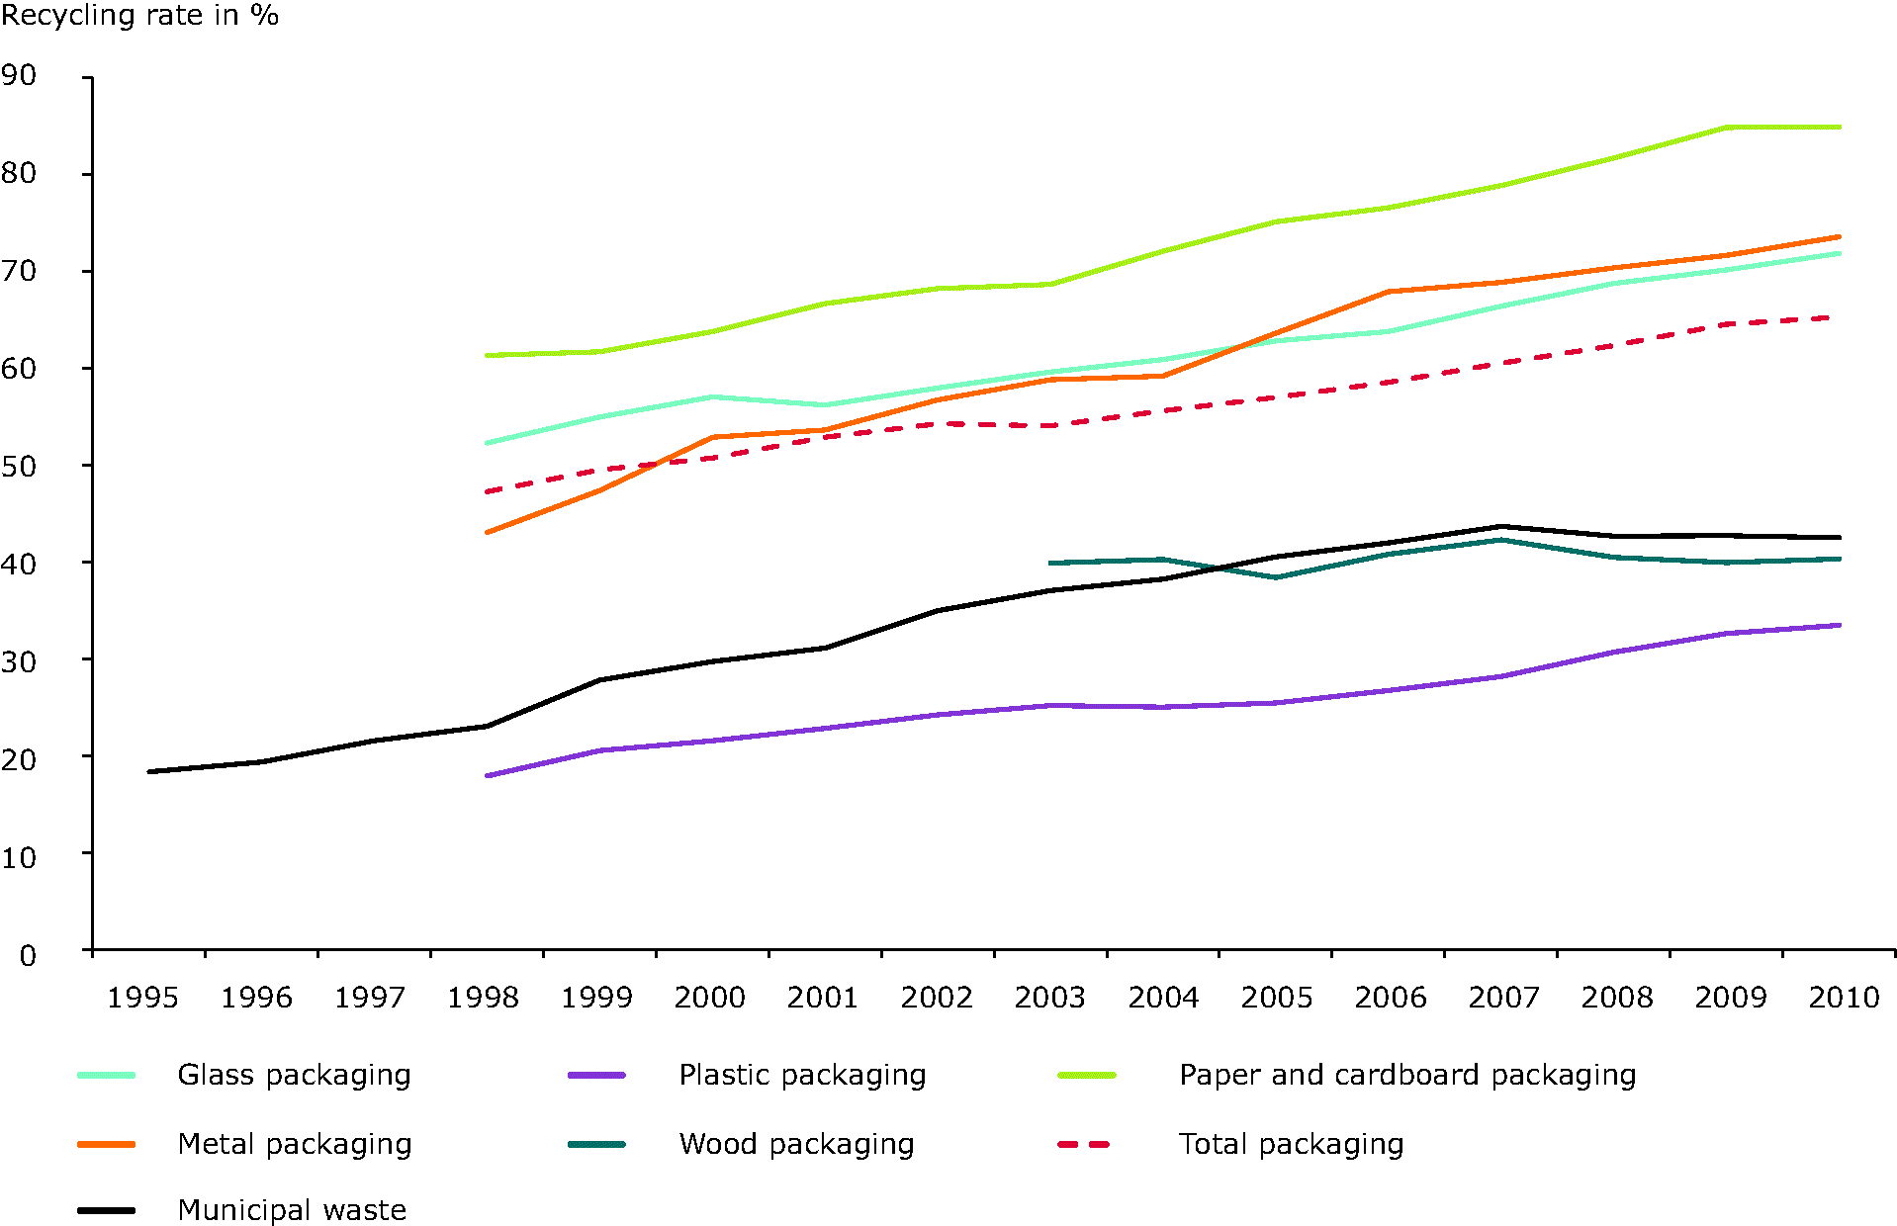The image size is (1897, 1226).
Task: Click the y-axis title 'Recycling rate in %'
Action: coord(139,16)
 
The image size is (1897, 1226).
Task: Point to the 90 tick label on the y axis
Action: coord(19,75)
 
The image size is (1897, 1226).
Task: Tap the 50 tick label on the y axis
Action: coord(19,466)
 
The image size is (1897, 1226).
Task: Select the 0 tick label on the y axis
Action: coord(28,955)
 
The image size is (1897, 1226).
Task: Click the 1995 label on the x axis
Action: coord(142,998)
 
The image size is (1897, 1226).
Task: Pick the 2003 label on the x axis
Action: coord(1049,998)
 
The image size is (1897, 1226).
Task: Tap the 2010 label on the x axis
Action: coord(1844,998)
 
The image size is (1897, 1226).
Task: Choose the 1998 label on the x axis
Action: coord(483,998)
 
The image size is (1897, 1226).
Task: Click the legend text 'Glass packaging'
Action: coord(294,1075)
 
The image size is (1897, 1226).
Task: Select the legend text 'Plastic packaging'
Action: coord(802,1075)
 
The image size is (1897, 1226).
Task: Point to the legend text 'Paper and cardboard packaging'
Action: coord(1407,1075)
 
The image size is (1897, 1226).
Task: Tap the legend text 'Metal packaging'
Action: coord(295,1144)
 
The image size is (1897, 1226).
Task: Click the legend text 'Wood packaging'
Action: coord(796,1144)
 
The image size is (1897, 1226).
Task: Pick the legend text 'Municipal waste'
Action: coord(292,1210)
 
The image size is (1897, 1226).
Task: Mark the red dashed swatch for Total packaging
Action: coord(1085,1145)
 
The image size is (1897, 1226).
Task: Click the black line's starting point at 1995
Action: coord(149,771)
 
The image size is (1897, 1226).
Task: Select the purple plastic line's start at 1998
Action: coord(488,776)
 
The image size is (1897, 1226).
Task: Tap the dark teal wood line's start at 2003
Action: coord(1050,564)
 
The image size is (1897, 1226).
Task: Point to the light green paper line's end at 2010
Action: coord(1839,128)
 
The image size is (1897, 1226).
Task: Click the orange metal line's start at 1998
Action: coord(488,533)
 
